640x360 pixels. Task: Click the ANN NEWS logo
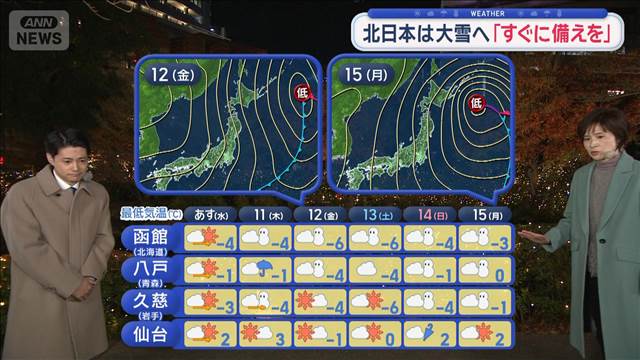point(38,29)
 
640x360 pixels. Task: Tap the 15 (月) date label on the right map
point(365,76)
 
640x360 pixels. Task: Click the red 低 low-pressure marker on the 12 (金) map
point(303,93)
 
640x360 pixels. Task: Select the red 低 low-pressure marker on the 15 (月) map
point(477,101)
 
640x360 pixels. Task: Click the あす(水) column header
point(212,214)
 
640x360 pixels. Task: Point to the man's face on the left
point(63,153)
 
